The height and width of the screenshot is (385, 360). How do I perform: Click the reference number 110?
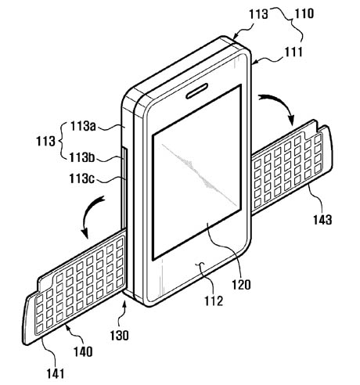pos(304,13)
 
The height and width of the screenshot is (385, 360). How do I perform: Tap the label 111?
pos(293,52)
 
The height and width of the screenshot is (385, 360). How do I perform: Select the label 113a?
pos(83,127)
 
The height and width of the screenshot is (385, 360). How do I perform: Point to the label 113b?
pos(82,157)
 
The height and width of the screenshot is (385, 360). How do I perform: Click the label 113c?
pos(81,178)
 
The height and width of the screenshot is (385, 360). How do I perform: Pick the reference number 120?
pos(241,284)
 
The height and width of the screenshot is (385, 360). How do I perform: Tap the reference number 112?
pos(214,300)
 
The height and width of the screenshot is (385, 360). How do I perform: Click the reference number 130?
pos(119,335)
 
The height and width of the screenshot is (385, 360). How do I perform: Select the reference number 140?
pos(83,351)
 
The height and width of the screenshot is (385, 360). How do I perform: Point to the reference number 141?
pos(56,373)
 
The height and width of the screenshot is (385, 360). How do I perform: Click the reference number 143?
pos(322,220)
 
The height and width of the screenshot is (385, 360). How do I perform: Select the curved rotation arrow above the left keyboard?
pos(88,213)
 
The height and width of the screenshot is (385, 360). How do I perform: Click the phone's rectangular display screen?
pos(196,172)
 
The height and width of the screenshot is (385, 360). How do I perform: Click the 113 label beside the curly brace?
pos(45,142)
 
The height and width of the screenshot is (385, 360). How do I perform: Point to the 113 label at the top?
pos(258,14)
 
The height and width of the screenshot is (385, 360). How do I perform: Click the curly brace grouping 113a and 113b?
pos(63,142)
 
